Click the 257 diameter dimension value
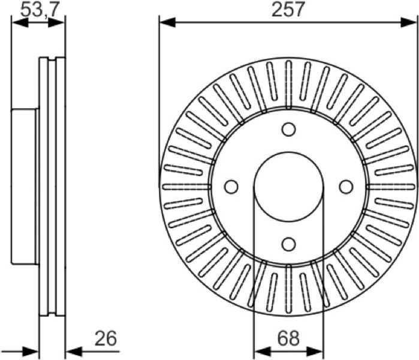click(288, 10)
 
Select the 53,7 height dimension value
click(40, 10)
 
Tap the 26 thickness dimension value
click(106, 338)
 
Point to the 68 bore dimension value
click(288, 338)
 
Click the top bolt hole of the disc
click(288, 130)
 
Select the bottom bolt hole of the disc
click(288, 244)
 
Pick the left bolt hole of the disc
click(231, 187)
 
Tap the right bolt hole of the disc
click(346, 187)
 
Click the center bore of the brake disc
click(288, 187)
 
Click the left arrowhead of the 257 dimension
click(167, 22)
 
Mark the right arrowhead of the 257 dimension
click(409, 22)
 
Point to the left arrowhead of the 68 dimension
click(262, 352)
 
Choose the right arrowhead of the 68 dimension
click(315, 352)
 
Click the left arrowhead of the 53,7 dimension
click(20, 22)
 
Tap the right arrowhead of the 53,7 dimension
click(56, 22)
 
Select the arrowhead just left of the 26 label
click(74, 352)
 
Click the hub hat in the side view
click(24, 187)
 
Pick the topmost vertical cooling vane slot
click(288, 84)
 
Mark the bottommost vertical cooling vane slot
click(288, 289)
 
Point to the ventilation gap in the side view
click(52, 187)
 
